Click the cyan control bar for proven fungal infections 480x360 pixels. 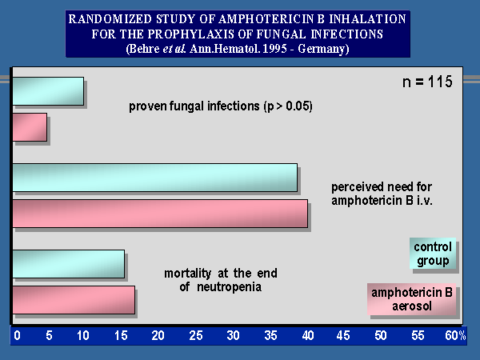coord(47,91)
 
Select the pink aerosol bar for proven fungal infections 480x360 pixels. coord(30,128)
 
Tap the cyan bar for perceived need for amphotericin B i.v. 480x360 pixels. coord(154,178)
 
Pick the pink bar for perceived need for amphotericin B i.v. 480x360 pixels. coord(159,214)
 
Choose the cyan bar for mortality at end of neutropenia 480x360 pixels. coord(68,264)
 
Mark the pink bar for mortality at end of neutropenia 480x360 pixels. coord(73,299)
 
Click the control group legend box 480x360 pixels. coord(433,254)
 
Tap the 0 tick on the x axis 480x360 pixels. coord(17,334)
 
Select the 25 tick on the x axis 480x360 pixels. coord(196,334)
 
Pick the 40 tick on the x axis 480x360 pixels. coord(308,334)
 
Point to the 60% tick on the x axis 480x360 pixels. coord(456,334)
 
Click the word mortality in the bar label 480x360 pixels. coord(192,272)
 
